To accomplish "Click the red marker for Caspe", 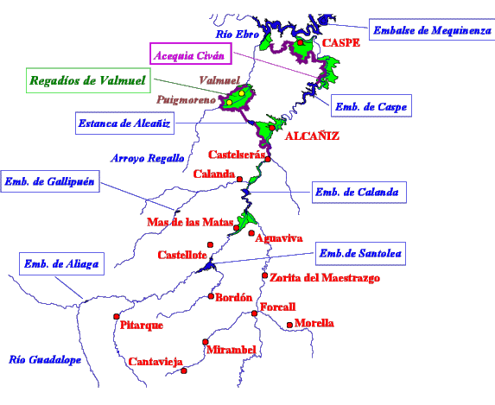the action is pyautogui.click(x=301, y=42).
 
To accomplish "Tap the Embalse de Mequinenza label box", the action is pyautogui.click(x=432, y=29).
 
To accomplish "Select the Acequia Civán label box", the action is pyautogui.click(x=191, y=54).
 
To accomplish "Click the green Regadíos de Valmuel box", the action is pyautogui.click(x=88, y=80).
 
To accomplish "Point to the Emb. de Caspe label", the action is pyautogui.click(x=371, y=105).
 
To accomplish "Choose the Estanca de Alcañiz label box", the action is pyautogui.click(x=124, y=123).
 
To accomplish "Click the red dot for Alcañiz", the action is pyautogui.click(x=272, y=128).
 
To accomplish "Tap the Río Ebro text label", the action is pyautogui.click(x=237, y=34).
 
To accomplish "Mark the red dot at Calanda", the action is pyautogui.click(x=239, y=180).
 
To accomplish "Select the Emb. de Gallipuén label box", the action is pyautogui.click(x=50, y=181).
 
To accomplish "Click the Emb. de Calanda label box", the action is pyautogui.click(x=359, y=193).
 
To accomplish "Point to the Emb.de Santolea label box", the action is pyautogui.click(x=360, y=254).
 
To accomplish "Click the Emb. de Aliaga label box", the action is pyautogui.click(x=61, y=264).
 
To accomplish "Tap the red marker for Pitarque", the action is pyautogui.click(x=117, y=317).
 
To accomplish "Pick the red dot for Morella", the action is pyautogui.click(x=289, y=326).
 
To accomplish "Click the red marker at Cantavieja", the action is pyautogui.click(x=184, y=371).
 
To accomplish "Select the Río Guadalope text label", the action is pyautogui.click(x=45, y=360).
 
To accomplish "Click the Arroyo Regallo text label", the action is pyautogui.click(x=148, y=158).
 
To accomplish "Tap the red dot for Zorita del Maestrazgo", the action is pyautogui.click(x=265, y=275).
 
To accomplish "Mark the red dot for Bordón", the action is pyautogui.click(x=211, y=296).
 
